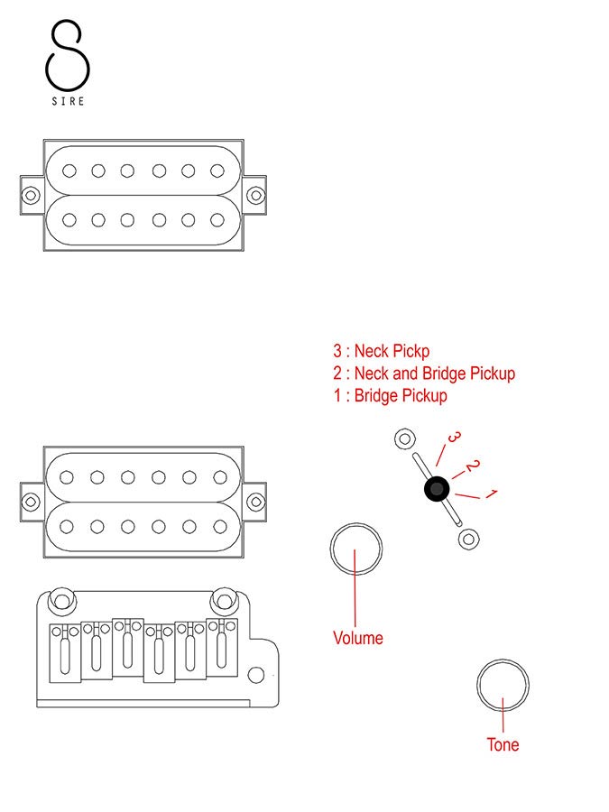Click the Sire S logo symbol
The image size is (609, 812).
[68, 54]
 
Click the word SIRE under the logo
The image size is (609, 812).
[68, 101]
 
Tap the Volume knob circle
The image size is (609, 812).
[356, 549]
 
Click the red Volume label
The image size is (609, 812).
[358, 638]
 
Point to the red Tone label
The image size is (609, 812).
[503, 744]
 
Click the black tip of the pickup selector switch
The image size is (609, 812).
[437, 489]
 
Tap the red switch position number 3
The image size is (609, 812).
[455, 438]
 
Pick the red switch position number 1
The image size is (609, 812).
[492, 494]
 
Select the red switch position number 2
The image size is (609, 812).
[472, 466]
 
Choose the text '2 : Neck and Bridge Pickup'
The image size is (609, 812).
[424, 373]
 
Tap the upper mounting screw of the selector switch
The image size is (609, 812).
[404, 439]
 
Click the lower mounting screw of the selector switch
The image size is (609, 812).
[468, 539]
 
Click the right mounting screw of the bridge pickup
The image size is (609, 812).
[256, 500]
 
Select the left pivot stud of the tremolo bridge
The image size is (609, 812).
[61, 598]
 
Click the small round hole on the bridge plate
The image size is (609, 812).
[256, 674]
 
